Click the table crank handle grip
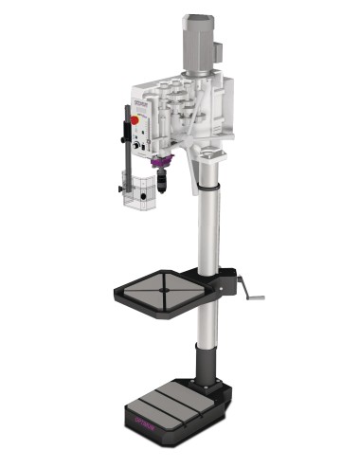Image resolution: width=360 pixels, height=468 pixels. click(x=258, y=298)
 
